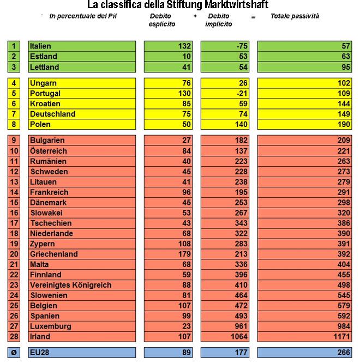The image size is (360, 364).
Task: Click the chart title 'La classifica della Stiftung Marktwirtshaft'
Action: pyautogui.click(x=178, y=5)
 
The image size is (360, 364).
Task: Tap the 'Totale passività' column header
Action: pyautogui.click(x=295, y=16)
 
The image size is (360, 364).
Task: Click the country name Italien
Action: pyautogui.click(x=41, y=46)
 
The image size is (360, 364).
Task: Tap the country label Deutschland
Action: pyautogui.click(x=53, y=114)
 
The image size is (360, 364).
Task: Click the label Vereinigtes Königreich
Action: pyautogui.click(x=71, y=285)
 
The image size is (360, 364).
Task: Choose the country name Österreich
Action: pyautogui.click(x=49, y=151)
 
